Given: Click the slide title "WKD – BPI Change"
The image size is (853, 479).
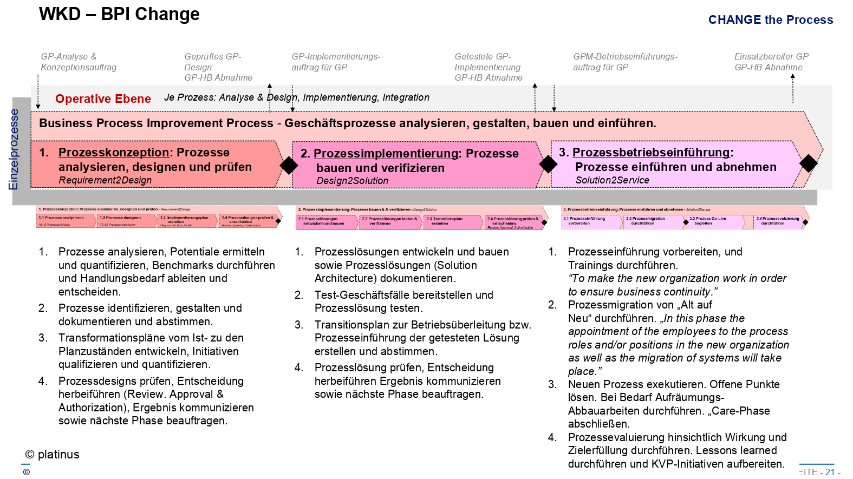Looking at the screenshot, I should click(x=119, y=14).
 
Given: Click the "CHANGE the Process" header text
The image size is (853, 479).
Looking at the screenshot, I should click(x=770, y=20).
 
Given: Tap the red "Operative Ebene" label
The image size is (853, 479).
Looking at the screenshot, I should click(x=103, y=99).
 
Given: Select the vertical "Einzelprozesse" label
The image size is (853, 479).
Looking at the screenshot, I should click(x=14, y=149).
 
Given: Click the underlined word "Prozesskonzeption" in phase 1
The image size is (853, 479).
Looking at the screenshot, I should click(x=114, y=153).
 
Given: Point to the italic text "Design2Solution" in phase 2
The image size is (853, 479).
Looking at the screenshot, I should click(x=352, y=181).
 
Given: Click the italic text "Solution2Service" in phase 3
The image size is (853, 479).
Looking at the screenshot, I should click(x=612, y=180).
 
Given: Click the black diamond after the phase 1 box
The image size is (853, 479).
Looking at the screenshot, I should click(x=289, y=165).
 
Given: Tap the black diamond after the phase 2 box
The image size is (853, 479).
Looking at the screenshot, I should click(x=548, y=164).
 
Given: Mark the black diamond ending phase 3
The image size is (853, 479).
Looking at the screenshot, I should click(x=808, y=163).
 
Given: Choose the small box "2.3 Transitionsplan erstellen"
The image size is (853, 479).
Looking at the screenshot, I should click(x=452, y=221).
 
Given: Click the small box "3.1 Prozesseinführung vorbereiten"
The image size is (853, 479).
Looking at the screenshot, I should click(x=591, y=221).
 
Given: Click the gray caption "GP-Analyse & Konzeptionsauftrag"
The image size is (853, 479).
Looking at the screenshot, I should click(x=79, y=62).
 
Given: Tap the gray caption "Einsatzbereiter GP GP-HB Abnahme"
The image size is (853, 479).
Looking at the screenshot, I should click(x=771, y=62).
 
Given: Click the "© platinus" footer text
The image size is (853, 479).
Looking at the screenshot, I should click(x=53, y=455).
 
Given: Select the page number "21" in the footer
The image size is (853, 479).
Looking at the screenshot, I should click(x=830, y=472).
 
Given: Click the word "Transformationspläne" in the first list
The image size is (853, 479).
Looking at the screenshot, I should click(x=109, y=338).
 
